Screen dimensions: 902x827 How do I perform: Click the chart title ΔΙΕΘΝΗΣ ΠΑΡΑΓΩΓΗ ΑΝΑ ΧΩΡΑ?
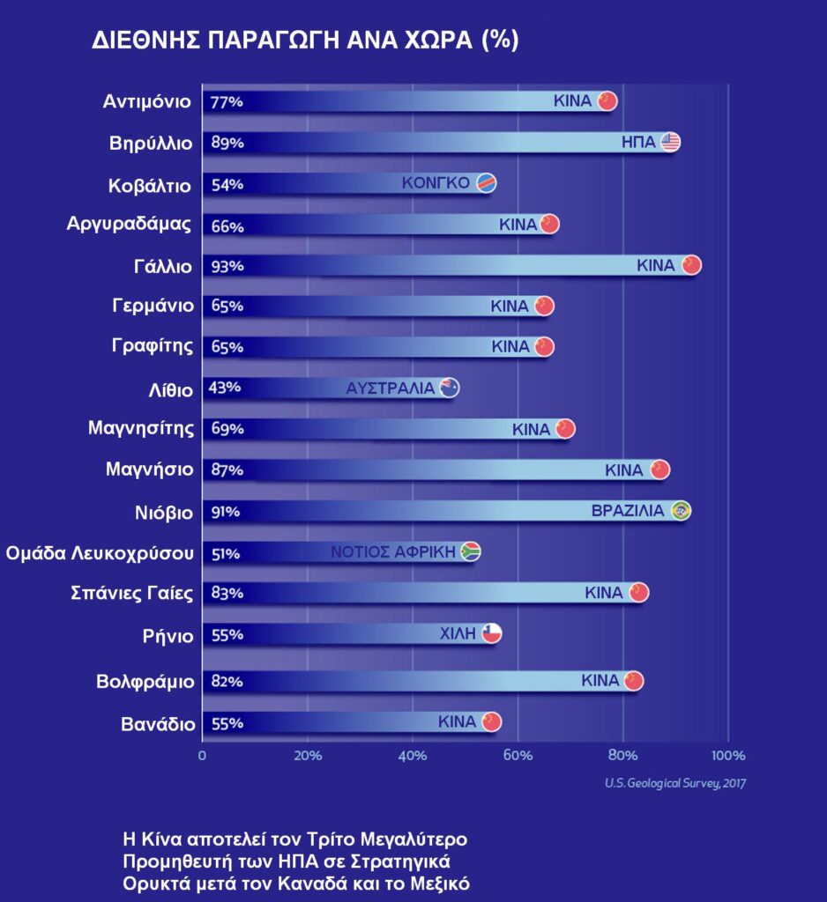click(305, 41)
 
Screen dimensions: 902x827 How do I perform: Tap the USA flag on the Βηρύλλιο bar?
click(671, 143)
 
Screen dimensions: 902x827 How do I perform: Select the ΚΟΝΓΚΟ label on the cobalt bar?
click(436, 183)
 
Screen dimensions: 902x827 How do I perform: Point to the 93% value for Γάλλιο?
click(227, 266)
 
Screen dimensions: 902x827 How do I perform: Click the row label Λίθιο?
click(170, 388)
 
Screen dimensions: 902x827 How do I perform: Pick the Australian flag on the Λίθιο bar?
click(450, 388)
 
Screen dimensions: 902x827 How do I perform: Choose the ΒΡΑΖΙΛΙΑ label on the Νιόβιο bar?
click(628, 511)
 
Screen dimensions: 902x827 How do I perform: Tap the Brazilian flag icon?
click(680, 511)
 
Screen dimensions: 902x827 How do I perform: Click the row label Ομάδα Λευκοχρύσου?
click(99, 553)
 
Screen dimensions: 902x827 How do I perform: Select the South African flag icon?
click(471, 552)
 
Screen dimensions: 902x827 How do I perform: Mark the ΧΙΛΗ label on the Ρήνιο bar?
click(458, 632)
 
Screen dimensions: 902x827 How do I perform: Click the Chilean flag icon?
click(492, 633)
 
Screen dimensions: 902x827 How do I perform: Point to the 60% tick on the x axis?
click(518, 756)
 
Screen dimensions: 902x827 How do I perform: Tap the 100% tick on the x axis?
click(727, 756)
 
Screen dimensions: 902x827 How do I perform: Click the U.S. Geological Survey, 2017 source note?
click(675, 782)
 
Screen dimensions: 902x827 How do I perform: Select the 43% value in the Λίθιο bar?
click(224, 388)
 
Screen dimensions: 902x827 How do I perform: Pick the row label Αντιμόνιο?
click(145, 100)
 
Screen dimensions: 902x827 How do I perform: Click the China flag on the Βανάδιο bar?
click(491, 722)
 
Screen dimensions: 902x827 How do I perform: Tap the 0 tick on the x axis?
click(203, 756)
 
